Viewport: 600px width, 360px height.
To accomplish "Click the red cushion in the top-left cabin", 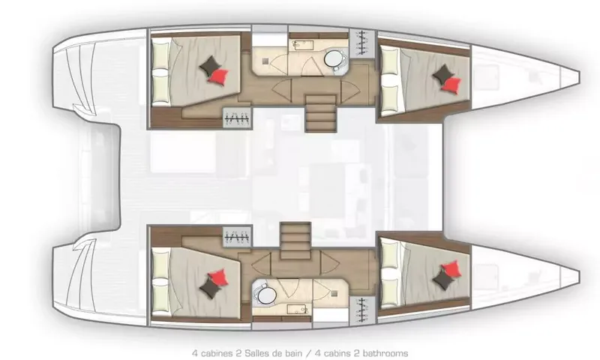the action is (218, 76).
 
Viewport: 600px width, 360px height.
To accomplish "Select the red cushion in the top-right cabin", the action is (451, 85).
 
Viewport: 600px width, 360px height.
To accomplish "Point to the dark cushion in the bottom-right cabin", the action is (443, 280).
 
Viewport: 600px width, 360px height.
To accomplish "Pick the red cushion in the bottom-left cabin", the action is (218, 277).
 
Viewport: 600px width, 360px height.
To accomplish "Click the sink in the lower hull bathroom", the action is (298, 309).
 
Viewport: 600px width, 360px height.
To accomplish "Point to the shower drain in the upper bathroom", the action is (265, 61).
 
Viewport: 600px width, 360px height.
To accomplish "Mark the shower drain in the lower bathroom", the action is (334, 293).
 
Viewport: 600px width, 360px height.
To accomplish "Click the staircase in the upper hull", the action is (321, 113).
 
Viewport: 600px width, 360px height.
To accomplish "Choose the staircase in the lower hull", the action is (295, 241).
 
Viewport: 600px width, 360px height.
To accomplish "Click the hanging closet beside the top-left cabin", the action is (237, 118).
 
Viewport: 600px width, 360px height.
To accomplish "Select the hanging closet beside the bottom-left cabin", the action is (237, 237).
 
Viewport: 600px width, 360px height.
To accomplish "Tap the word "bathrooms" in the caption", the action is (385, 353).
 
